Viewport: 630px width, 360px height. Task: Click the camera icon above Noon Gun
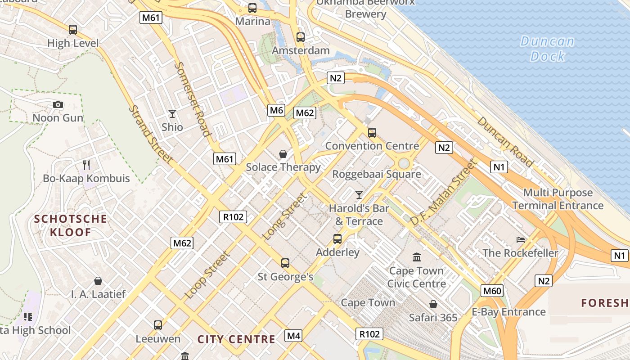coord(58,105)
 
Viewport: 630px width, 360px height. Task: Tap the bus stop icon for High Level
coord(73,30)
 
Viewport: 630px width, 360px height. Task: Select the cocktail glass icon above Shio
coord(172,114)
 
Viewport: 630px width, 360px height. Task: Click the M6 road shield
coord(276,110)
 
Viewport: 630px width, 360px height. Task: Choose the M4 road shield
coord(293,336)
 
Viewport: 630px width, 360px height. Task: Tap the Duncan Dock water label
coord(548,49)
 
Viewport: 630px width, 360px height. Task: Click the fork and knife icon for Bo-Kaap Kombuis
coord(86,165)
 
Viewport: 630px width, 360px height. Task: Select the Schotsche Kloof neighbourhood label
coord(71,226)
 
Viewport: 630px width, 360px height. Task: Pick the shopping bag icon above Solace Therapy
coord(283,154)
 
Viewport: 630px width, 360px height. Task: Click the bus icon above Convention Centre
coord(372,133)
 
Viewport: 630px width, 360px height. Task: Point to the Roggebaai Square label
coord(377,174)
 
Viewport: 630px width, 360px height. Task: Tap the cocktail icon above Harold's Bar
coord(359,195)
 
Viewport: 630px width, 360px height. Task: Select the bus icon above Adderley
coord(337,239)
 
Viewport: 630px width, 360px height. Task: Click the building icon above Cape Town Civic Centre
coord(417,257)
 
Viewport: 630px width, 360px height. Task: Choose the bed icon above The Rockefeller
coord(521,239)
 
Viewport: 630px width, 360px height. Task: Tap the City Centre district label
coord(236,339)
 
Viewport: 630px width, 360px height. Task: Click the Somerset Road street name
coord(193,99)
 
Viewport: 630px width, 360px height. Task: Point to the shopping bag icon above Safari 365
coord(433,305)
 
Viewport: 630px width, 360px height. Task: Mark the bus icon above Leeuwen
coord(157,325)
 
